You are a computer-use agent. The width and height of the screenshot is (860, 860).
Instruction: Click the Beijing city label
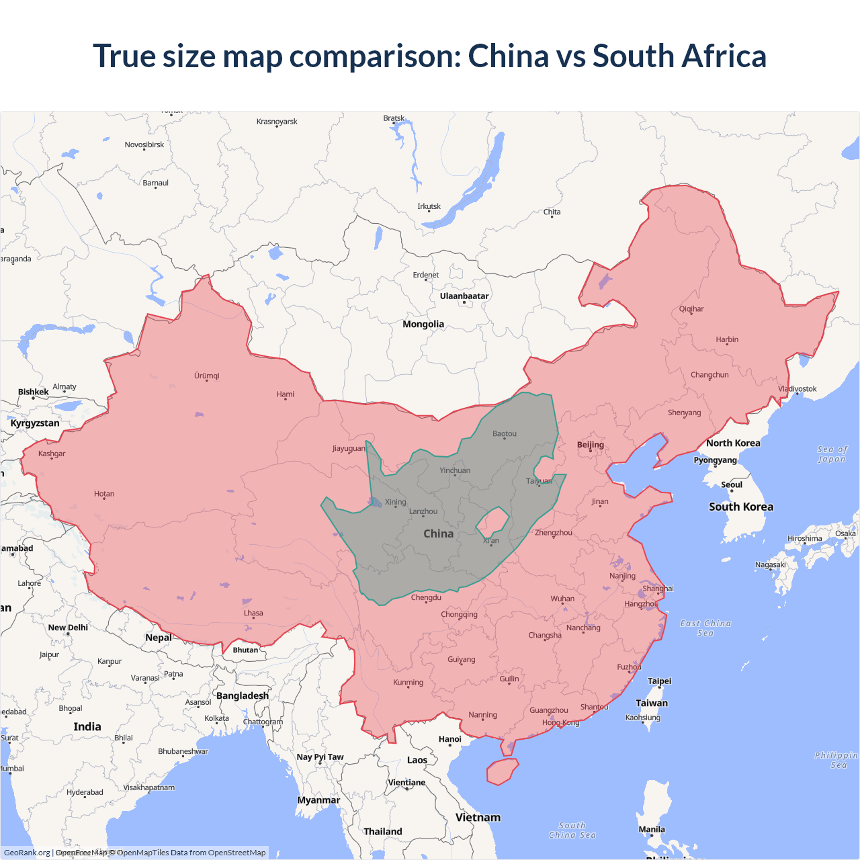coord(591,445)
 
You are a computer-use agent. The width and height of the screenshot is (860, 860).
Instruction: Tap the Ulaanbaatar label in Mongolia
coord(464,296)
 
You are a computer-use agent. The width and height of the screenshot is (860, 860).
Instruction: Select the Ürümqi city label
coord(207,376)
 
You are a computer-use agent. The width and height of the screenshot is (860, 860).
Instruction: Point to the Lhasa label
coord(253,613)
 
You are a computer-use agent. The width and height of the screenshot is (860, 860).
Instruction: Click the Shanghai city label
coord(658,589)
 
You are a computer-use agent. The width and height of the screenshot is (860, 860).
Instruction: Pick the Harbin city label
coord(727,339)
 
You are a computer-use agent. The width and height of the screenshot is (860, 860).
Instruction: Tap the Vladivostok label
coord(798,389)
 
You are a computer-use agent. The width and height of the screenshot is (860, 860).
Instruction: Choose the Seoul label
coord(732,484)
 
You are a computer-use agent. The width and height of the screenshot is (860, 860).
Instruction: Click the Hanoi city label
coord(450,739)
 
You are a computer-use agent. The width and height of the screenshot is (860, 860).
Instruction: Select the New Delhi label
coord(68,628)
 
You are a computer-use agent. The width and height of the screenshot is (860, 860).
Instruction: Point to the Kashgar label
coord(52,454)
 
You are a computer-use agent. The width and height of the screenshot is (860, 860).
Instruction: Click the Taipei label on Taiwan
coord(659,681)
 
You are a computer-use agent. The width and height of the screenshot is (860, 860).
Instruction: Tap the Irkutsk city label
coord(429,206)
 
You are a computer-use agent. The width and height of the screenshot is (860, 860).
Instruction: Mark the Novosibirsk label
coord(144,144)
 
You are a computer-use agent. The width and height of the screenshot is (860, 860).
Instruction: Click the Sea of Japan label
coord(832,454)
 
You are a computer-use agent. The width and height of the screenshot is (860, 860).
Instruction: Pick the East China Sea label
coord(705,628)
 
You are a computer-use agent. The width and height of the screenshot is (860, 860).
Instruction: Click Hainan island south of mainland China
coord(502,771)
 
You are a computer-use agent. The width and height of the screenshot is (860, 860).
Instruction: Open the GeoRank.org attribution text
coord(27,853)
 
